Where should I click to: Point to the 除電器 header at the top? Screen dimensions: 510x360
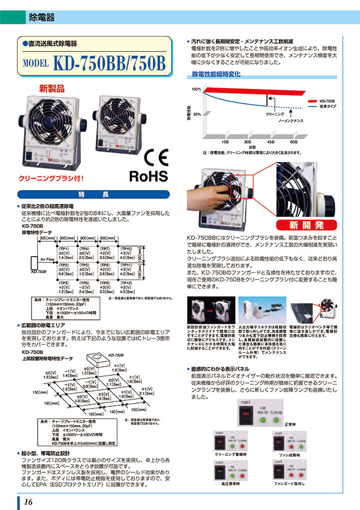coord(42,18)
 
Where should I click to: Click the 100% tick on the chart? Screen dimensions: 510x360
coord(197,89)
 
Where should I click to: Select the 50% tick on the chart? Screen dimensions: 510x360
coord(197,113)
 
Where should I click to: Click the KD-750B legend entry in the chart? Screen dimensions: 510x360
coord(327,100)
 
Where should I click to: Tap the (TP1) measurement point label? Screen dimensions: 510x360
coord(64,249)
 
